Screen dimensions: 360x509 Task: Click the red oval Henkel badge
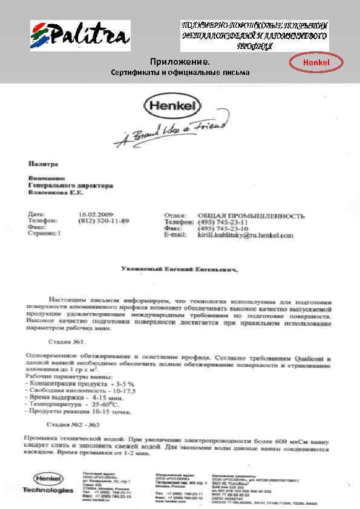pyautogui.click(x=315, y=62)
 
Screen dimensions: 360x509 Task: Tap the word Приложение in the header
pyautogui.click(x=180, y=62)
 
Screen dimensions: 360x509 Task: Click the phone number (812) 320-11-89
pyautogui.click(x=104, y=221)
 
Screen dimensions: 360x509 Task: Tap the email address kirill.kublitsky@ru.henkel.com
pyautogui.click(x=245, y=235)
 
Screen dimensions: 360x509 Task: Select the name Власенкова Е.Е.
pyautogui.click(x=57, y=193)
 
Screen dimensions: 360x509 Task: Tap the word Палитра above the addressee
pyautogui.click(x=42, y=164)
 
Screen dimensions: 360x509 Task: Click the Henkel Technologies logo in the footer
pyautogui.click(x=48, y=482)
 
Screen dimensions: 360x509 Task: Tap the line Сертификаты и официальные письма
pyautogui.click(x=180, y=73)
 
